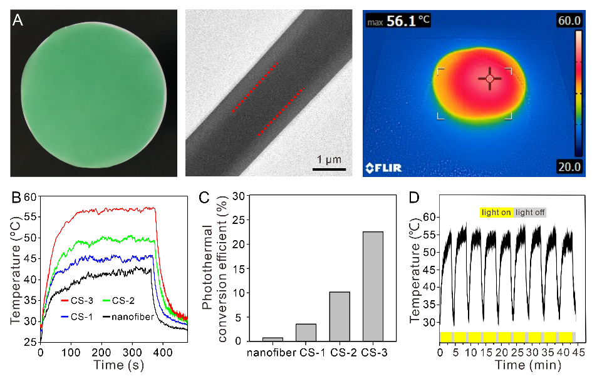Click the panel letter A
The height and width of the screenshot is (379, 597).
coord(18,23)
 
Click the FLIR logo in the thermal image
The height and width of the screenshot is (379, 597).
coord(383,167)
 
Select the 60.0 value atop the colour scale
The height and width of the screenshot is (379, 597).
coord(569,21)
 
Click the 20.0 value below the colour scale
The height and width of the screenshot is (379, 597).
coord(569,166)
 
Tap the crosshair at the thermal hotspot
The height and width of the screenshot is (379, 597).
coord(489,79)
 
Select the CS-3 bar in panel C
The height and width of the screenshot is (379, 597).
coord(373,286)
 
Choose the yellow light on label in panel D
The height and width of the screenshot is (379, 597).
coord(496,213)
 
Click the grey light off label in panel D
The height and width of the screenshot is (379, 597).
coord(530,213)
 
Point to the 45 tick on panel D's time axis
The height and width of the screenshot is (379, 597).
coord(576,353)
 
